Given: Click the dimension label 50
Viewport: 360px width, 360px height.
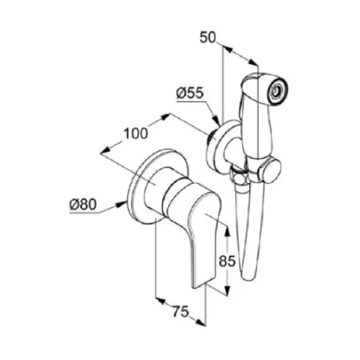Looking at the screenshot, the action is (208, 38).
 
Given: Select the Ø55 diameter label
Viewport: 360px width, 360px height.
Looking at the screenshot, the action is (190, 93).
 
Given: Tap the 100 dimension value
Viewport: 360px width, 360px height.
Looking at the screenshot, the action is (136, 134).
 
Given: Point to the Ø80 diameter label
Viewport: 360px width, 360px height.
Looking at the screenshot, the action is (83, 204).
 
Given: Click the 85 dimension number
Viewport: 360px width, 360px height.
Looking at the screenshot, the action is (227, 261).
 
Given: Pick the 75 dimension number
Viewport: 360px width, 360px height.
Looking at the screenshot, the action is (181, 312).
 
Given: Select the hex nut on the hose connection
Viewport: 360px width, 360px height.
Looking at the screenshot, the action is (240, 177).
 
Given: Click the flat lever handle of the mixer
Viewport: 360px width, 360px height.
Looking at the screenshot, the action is (204, 239).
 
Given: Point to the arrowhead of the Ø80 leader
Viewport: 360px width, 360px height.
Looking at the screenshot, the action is (122, 204).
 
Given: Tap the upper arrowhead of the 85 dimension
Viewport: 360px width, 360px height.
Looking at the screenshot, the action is (227, 231).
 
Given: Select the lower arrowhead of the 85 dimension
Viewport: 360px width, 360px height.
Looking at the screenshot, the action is (227, 289).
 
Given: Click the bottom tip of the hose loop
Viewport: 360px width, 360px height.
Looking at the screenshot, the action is (249, 278).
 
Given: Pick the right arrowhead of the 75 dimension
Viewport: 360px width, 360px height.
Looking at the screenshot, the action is (200, 322).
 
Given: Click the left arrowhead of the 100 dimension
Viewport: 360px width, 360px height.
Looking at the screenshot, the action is (105, 150).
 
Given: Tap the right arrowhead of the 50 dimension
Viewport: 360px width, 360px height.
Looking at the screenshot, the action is (253, 62).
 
